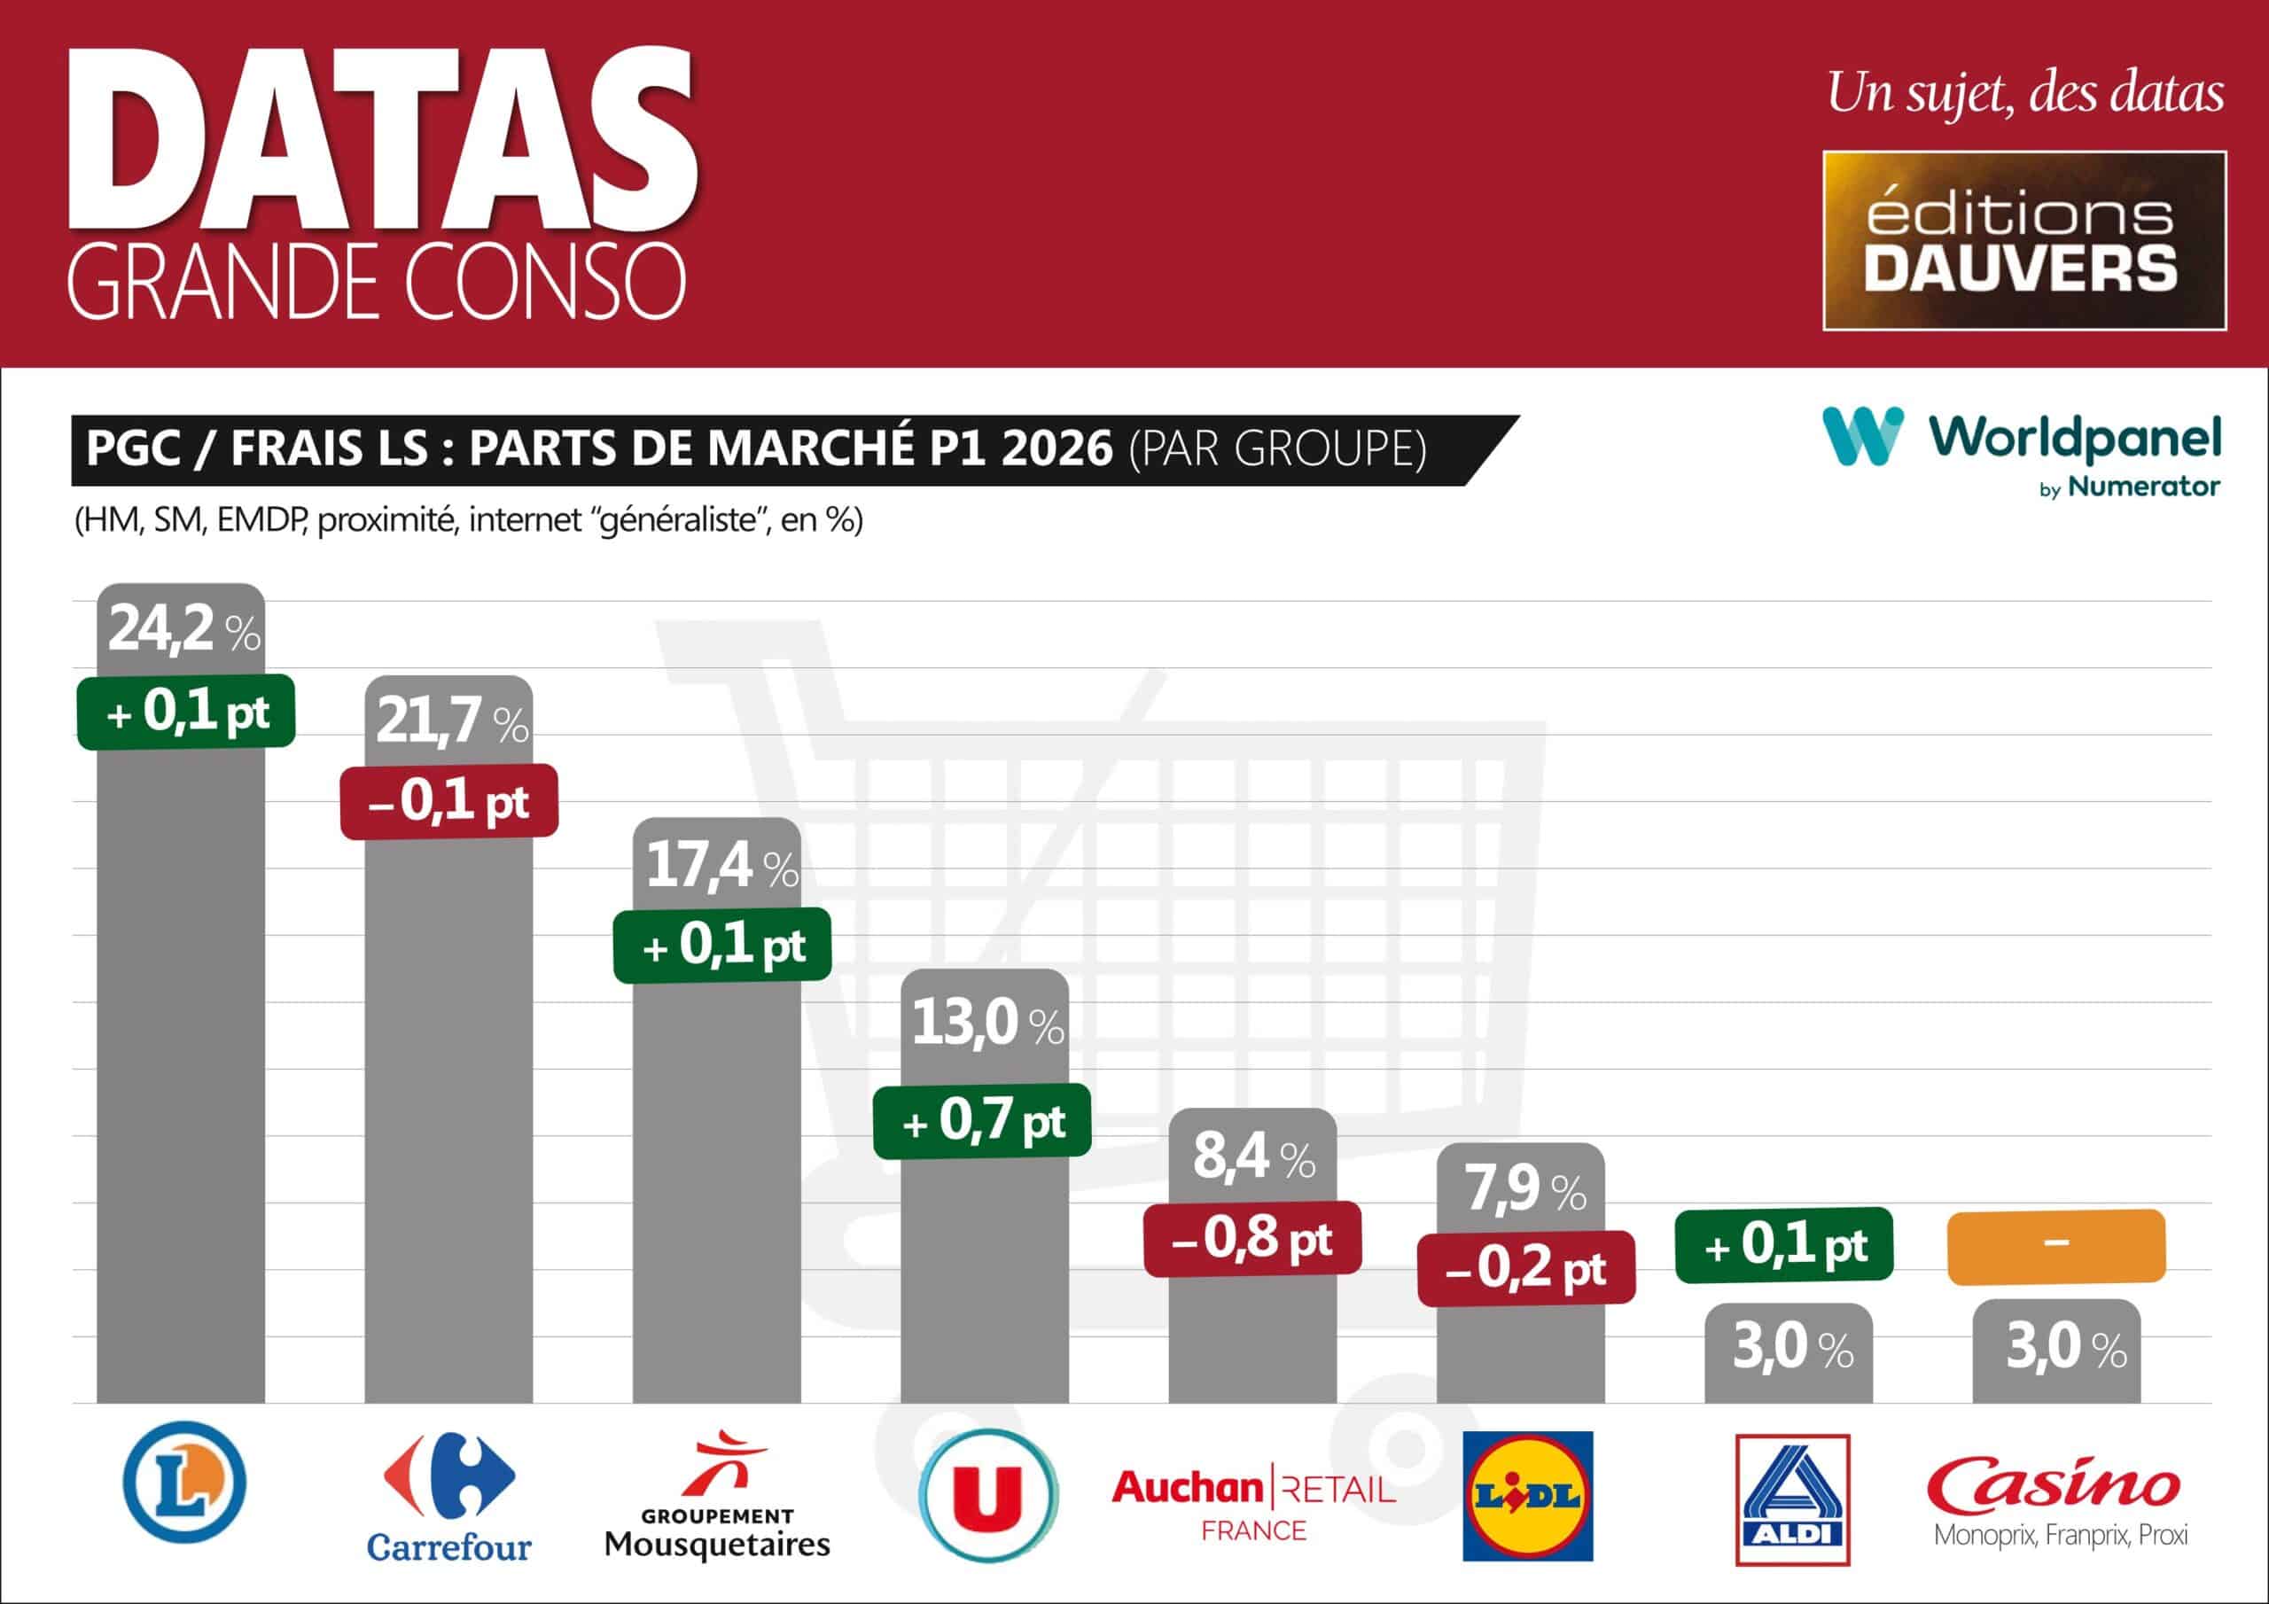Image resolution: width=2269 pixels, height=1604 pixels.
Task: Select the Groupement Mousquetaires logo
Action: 716,1494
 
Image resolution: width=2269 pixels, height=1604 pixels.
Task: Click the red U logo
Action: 987,1495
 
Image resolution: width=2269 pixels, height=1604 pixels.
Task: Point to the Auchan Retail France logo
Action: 1253,1503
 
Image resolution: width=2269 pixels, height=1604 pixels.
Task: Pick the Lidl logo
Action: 1527,1496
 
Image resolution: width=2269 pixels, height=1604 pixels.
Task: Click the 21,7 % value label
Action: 452,721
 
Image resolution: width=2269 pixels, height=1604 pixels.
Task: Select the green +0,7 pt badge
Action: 982,1121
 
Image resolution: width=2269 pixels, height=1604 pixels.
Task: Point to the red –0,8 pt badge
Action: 1252,1238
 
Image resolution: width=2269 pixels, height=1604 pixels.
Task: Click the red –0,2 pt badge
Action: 1526,1268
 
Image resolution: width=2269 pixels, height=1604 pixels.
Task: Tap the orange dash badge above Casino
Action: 2055,1245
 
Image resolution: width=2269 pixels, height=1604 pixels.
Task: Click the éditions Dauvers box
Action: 2023,240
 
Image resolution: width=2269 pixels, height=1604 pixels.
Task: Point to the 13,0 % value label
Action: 986,1024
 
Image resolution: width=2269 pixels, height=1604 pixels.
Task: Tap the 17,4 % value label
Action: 721,867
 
